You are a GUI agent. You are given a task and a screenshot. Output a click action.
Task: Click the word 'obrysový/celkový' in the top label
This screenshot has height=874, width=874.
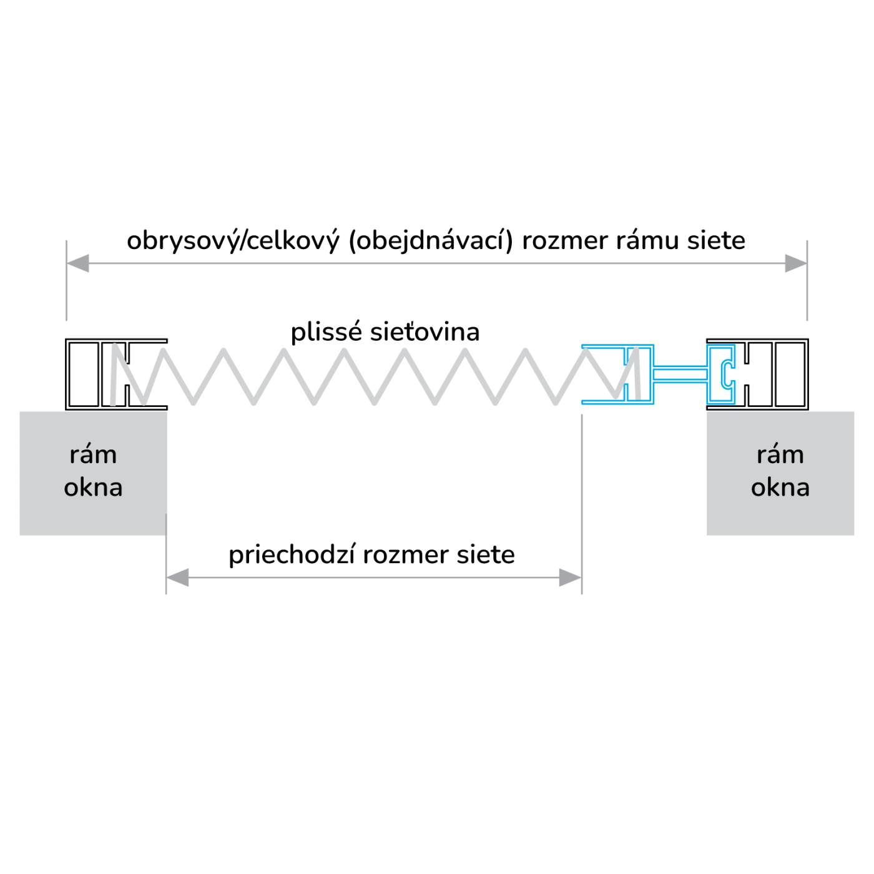point(233,241)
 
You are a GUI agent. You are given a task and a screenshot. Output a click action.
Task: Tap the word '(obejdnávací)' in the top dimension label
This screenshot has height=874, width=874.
point(431,241)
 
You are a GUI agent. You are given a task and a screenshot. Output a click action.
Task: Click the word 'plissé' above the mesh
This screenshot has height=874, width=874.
point(326,333)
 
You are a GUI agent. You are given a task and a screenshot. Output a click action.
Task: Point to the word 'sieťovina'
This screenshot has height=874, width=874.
point(425,332)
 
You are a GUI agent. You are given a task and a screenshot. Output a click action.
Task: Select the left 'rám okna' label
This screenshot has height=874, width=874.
point(93,471)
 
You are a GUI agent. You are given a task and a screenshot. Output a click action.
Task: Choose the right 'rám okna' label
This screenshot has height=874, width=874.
point(780,471)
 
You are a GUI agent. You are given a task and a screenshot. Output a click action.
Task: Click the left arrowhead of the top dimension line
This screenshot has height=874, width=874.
point(77,263)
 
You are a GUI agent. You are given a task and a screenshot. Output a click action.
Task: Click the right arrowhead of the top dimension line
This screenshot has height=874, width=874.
point(796,263)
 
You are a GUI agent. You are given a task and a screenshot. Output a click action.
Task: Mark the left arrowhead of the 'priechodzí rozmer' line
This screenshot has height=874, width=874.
point(177,577)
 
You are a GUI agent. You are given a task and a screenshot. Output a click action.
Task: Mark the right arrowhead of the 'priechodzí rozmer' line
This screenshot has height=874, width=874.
point(571,577)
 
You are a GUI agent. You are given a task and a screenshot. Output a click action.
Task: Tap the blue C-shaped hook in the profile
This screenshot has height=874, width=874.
point(727,373)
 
